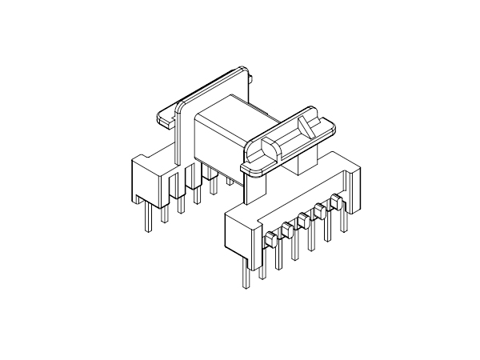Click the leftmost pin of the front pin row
[242, 276]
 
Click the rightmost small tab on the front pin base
[335, 199]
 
